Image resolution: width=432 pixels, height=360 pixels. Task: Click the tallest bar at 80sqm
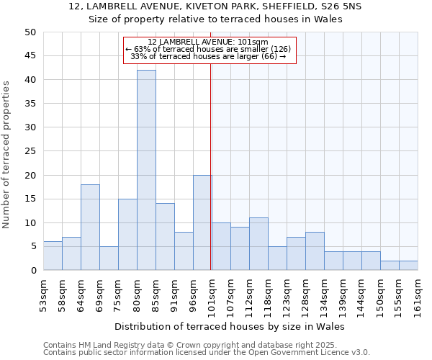click(146, 170)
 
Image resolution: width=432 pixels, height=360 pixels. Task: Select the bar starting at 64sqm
click(90, 228)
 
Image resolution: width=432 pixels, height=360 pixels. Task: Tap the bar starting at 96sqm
click(202, 222)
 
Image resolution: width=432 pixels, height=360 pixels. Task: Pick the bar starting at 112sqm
click(258, 244)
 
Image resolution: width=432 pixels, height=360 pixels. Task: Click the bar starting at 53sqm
click(53, 256)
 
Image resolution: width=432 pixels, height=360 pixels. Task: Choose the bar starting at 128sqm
click(315, 251)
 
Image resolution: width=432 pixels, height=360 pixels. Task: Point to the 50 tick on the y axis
click(30, 32)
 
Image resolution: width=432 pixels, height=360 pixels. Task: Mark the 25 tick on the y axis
click(30, 151)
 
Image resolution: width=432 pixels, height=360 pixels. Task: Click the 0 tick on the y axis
click(33, 271)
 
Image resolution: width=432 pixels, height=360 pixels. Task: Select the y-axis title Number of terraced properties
click(6, 155)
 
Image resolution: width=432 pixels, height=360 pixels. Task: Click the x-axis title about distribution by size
click(230, 326)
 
